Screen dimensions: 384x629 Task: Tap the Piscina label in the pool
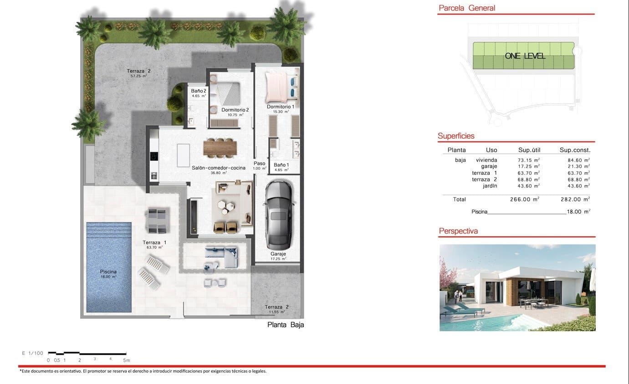click(x=108, y=272)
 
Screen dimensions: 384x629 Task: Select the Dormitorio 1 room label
click(x=281, y=107)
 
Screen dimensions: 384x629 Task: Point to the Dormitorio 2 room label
click(x=235, y=110)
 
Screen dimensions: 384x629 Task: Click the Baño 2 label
click(x=199, y=91)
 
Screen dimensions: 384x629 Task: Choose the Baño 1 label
click(x=281, y=165)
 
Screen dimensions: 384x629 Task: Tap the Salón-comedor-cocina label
click(x=219, y=168)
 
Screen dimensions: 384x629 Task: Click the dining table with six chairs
click(x=220, y=147)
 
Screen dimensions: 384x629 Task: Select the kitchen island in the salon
click(x=183, y=156)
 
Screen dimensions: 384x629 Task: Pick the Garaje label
click(x=278, y=254)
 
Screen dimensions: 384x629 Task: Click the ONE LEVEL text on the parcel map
click(x=525, y=56)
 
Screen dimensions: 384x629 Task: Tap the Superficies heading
click(x=456, y=136)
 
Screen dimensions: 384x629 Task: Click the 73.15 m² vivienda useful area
click(x=529, y=160)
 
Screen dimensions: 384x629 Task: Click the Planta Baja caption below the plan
click(x=285, y=325)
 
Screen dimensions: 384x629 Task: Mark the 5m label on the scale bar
click(x=127, y=360)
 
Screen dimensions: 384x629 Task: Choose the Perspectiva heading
click(x=458, y=231)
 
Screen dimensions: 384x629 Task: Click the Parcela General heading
click(x=466, y=8)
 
